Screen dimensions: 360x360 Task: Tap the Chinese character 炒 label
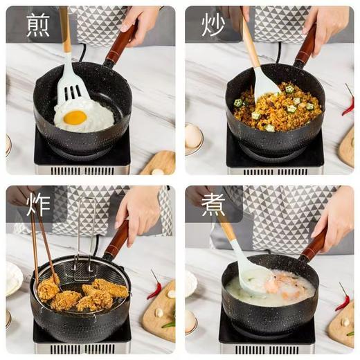[x=213, y=25]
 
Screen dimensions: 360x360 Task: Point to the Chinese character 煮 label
[x=213, y=205]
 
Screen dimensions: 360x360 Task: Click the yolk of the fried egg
[x=75, y=118]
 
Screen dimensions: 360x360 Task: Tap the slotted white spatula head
[x=71, y=87]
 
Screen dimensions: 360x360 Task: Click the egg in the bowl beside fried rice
[x=193, y=135]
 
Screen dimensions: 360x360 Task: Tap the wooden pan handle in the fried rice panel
[x=305, y=46]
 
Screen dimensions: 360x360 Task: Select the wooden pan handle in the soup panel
[x=313, y=245]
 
